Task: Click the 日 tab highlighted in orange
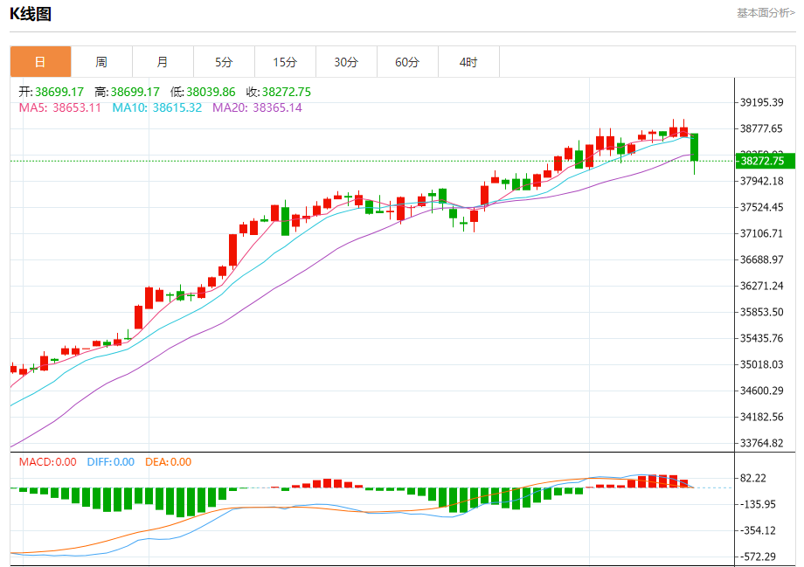(x=40, y=62)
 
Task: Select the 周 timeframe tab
(x=101, y=62)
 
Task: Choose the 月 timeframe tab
(x=163, y=62)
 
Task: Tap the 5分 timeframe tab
(x=224, y=62)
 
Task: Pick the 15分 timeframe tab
(x=285, y=62)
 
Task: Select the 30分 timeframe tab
(x=346, y=62)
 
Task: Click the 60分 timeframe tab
(x=407, y=62)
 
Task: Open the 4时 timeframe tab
(x=468, y=62)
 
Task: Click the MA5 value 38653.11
(x=77, y=107)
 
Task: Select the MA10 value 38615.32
(x=177, y=107)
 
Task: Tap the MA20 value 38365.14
(x=277, y=107)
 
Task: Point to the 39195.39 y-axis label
(x=761, y=102)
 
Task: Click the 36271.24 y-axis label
(x=761, y=286)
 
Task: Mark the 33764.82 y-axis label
(x=761, y=443)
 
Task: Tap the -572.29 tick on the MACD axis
(x=758, y=557)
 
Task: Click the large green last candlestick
(x=695, y=147)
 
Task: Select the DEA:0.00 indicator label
(x=168, y=462)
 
